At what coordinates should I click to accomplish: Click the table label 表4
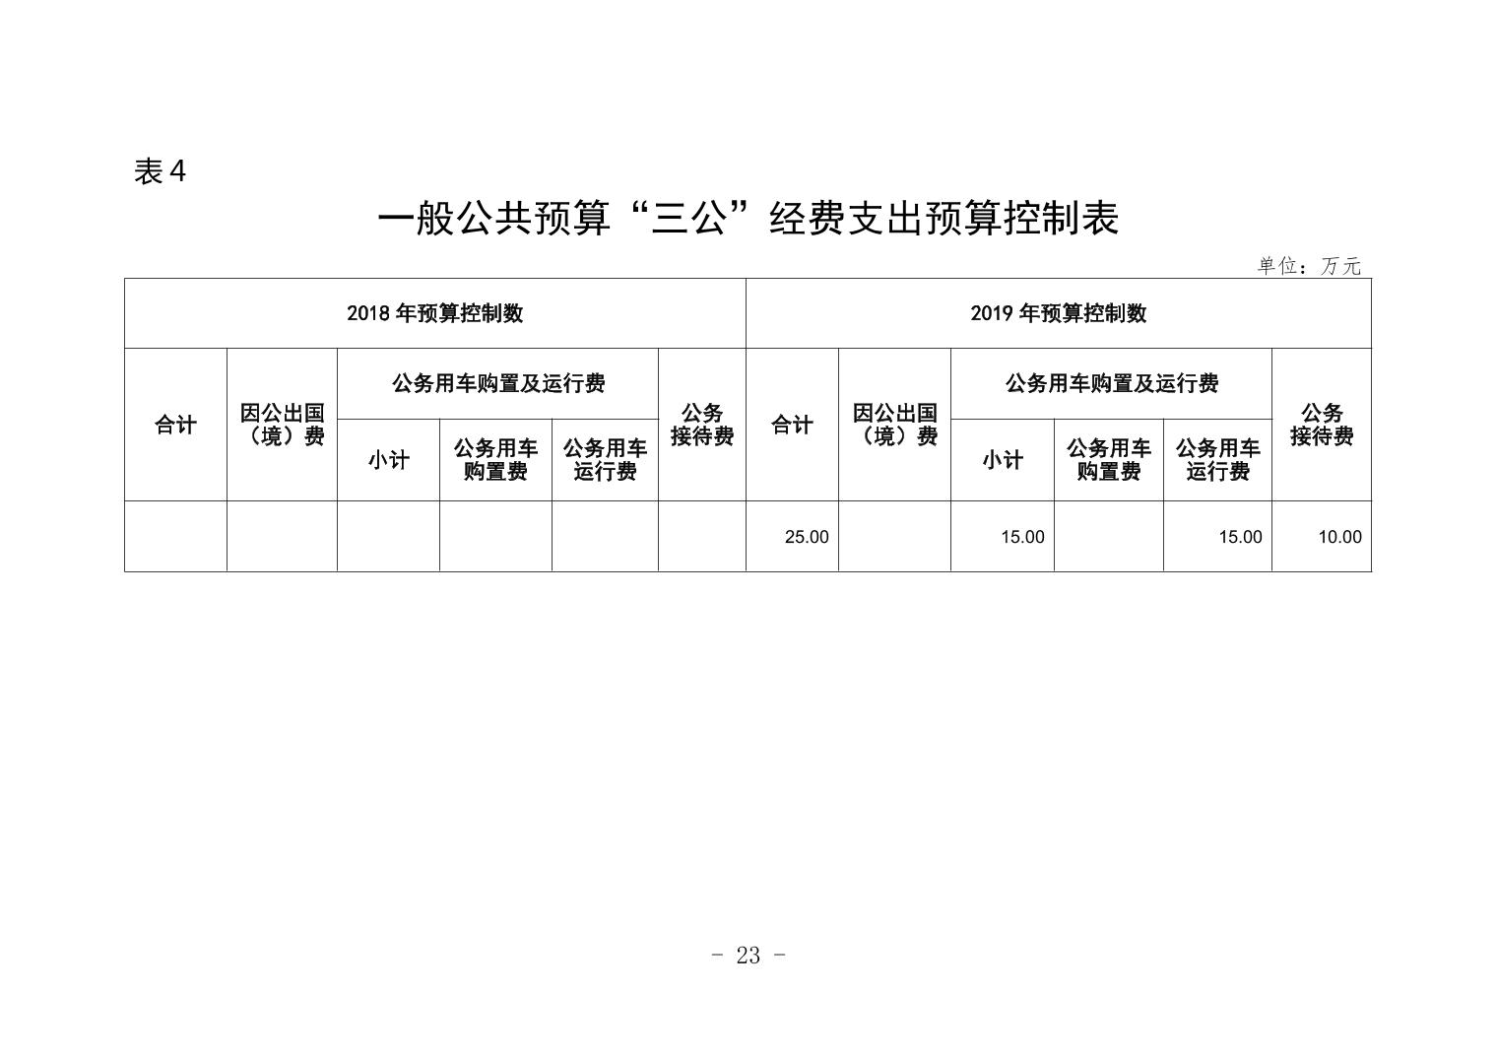pos(160,171)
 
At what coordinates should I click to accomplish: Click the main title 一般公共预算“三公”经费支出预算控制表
pos(748,219)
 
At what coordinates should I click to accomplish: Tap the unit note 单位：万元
pos(1309,266)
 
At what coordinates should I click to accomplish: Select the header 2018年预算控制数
pos(434,313)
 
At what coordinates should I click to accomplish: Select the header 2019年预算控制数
pos(1059,313)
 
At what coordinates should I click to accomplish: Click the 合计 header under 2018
pos(175,425)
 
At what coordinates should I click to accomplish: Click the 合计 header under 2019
pos(792,425)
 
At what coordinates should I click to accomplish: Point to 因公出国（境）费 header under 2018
pos(282,425)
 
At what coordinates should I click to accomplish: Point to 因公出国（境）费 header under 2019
pos(895,425)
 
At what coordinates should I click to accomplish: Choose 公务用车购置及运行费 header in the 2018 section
pos(498,383)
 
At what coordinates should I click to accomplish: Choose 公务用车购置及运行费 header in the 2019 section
pos(1112,383)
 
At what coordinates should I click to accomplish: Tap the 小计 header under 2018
pos(388,460)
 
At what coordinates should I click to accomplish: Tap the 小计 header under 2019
pos(1003,460)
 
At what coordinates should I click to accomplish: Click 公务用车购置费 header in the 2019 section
pos(1109,460)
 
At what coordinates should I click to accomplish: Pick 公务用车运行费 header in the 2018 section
pos(605,460)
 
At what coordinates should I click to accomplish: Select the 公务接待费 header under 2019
pos(1322,425)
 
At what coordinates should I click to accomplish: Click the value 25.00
pos(807,537)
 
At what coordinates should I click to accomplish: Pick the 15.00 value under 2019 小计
pos(1022,537)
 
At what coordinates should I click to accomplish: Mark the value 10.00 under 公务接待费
pos(1340,537)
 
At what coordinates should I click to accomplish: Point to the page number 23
pos(748,957)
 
